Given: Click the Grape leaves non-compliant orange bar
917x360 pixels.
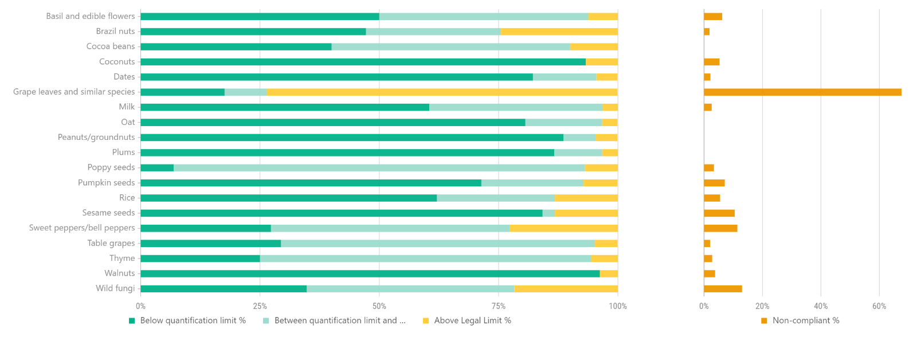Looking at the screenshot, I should (x=802, y=92).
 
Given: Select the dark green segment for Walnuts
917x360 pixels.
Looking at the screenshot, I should (x=370, y=274).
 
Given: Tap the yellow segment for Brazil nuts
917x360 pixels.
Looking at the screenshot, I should (x=559, y=32).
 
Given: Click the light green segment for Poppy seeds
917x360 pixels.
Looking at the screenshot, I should (x=379, y=168).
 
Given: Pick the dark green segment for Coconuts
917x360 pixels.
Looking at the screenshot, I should (x=363, y=62).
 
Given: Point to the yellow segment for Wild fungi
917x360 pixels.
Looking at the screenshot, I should (x=566, y=289).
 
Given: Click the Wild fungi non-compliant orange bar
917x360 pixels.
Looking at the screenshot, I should (x=723, y=289).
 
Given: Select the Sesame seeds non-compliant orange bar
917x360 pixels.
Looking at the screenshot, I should (x=719, y=213).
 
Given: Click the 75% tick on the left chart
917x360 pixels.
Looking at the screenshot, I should (x=498, y=307).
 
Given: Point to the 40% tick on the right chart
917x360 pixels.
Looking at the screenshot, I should (x=821, y=307).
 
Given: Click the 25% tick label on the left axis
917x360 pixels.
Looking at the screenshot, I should (x=260, y=307).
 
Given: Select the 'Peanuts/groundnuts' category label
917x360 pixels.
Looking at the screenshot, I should (x=96, y=138).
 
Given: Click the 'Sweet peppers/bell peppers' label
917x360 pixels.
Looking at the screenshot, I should (x=82, y=228).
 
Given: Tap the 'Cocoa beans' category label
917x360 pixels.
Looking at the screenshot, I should (x=111, y=46).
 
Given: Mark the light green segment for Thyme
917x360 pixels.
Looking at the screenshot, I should (x=425, y=259).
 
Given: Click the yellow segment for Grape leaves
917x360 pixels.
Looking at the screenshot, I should (x=442, y=92).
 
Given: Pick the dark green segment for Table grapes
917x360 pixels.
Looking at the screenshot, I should (x=210, y=244).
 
